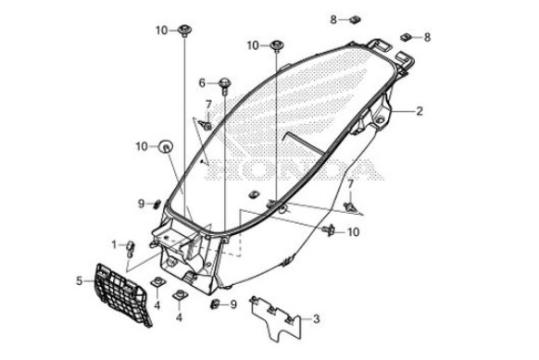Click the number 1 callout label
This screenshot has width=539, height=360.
click(114, 245)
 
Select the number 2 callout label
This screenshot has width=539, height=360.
click(419, 111)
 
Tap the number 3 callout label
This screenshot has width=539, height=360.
click(317, 318)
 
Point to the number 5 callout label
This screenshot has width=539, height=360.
click(80, 281)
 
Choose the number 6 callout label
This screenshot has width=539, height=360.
click(202, 82)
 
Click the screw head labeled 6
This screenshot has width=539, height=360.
click(225, 84)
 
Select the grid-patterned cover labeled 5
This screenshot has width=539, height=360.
click(122, 295)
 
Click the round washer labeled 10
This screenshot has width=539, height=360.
click(166, 147)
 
